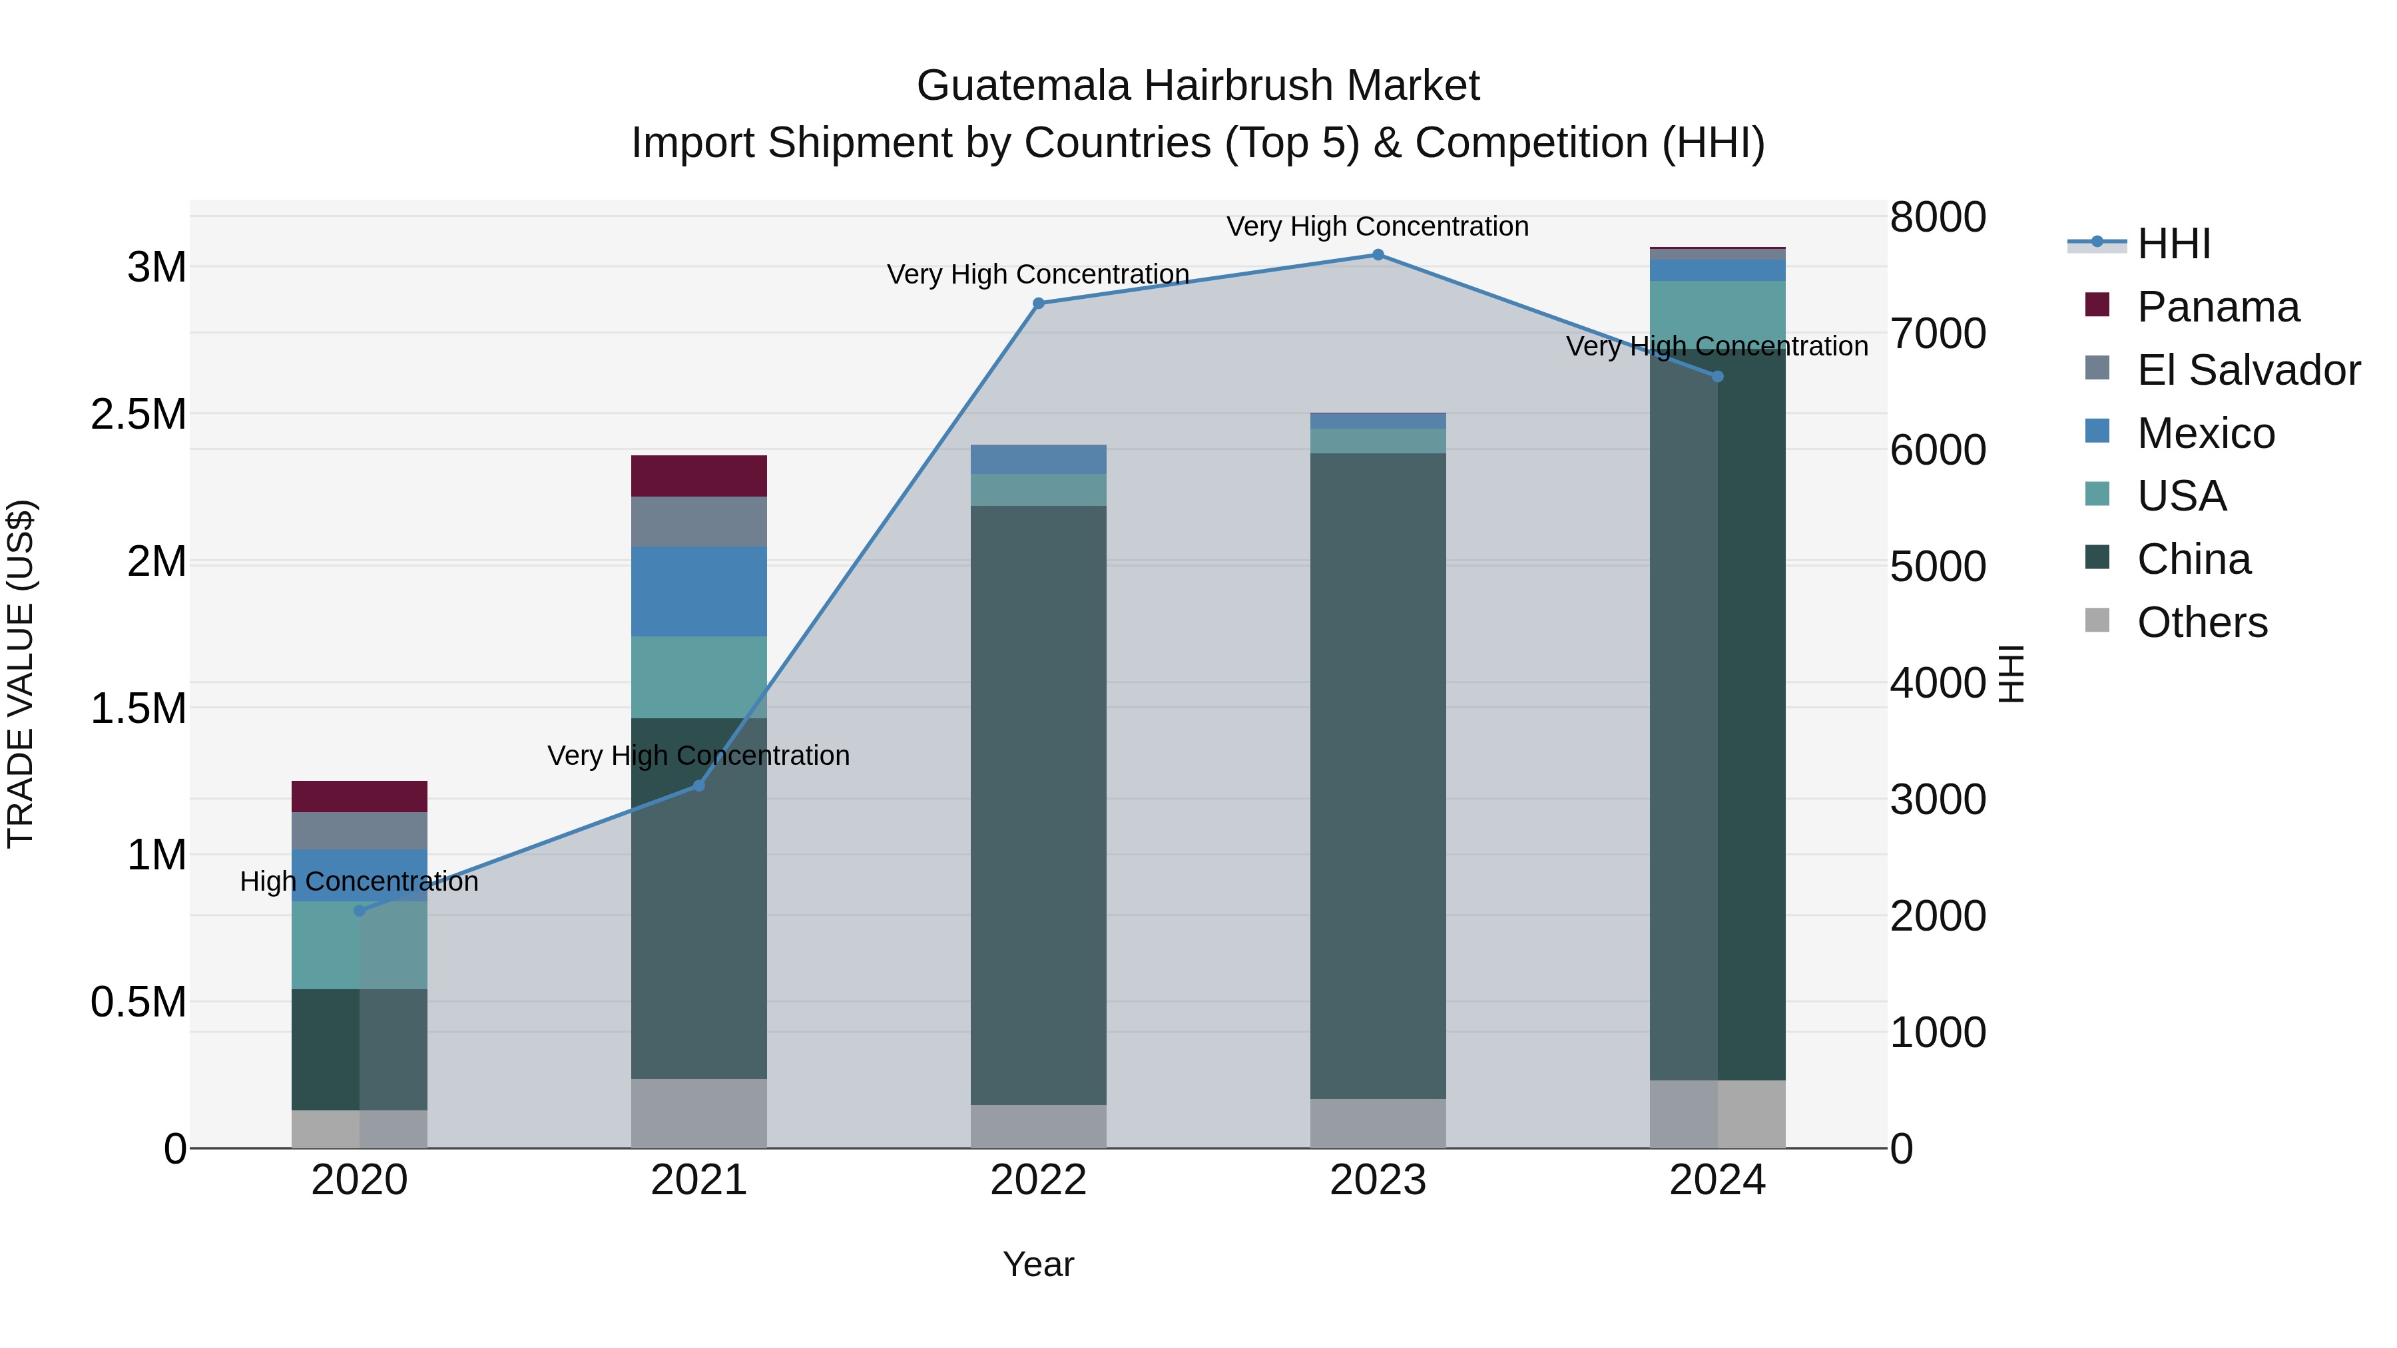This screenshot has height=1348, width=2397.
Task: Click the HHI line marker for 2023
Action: coord(1378,255)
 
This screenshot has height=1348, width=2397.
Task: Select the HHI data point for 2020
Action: coord(360,911)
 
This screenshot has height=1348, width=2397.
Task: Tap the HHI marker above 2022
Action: coord(1039,304)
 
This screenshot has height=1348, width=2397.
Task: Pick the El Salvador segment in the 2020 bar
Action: coord(359,831)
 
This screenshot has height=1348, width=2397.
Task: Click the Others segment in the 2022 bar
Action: coord(1039,1126)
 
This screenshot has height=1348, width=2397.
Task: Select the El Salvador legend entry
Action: coord(2248,370)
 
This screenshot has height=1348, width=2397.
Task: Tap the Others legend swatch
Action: coord(2097,620)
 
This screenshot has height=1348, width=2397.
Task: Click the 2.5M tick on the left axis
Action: coord(138,415)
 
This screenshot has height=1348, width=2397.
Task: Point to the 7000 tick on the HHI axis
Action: coord(1938,334)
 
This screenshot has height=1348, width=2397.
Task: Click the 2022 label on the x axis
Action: coord(1039,1180)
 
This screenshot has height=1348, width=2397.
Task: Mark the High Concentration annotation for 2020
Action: coord(359,881)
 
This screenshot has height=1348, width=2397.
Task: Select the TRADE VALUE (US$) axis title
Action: coord(21,674)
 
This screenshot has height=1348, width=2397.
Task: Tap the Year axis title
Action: coord(1039,1264)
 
